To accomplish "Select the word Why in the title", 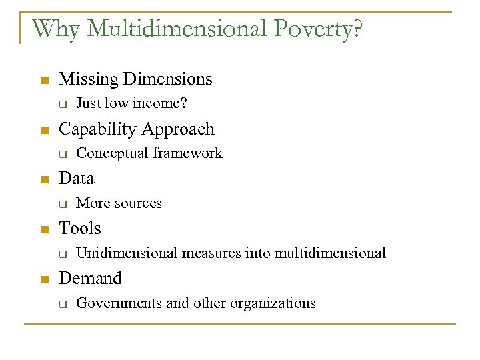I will [x=55, y=29].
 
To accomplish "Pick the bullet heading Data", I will [x=77, y=179].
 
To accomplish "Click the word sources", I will [x=140, y=203].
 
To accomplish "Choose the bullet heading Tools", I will [x=80, y=229].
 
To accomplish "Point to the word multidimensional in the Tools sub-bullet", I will [x=330, y=253].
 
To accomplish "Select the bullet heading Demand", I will [x=91, y=278].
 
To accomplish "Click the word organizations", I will [x=273, y=304].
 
